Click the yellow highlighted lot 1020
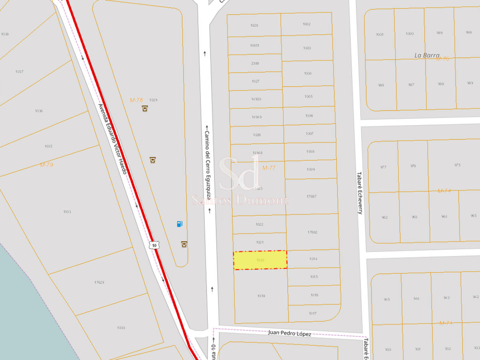pos(260,260)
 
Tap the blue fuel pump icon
pos(180,224)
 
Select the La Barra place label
pos(427,56)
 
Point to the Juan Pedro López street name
pos(290,333)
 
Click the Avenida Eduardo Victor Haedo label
pos(113,139)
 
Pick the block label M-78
pos(136,100)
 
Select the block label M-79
pos(46,164)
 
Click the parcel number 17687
pos(311,196)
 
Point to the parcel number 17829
pos(99,282)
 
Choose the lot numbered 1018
pos(261,296)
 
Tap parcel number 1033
pos(67,212)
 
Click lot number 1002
pos(306,24)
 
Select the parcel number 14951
pos(255,46)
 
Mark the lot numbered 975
pos(457,165)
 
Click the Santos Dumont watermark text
pos(240,200)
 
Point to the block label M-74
pos(444,191)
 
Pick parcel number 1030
pos(121,328)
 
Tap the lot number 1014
pos(313,259)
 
